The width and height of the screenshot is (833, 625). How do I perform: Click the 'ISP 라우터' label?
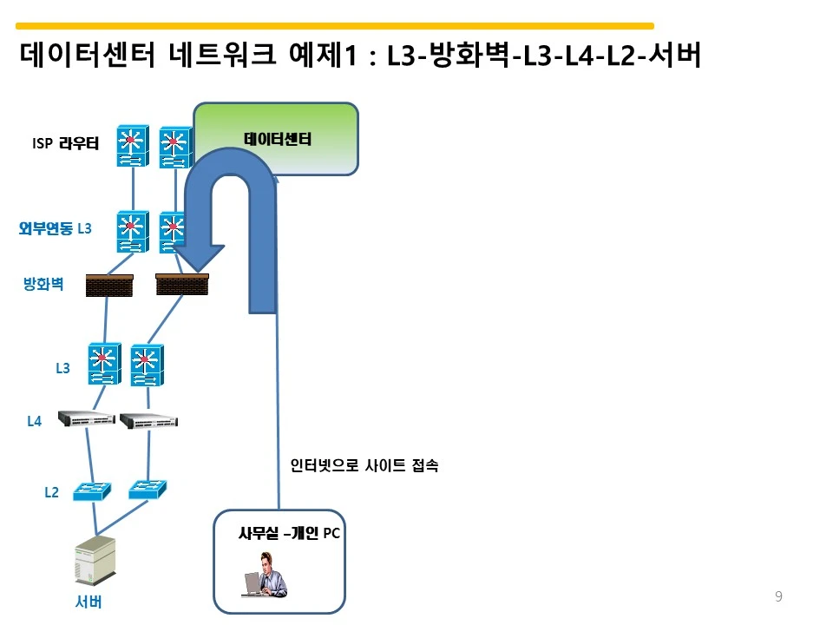65,144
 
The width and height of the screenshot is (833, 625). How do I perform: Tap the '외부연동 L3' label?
55,228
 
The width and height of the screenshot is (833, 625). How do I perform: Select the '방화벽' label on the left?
43,284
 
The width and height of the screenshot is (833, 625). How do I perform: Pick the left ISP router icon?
132,147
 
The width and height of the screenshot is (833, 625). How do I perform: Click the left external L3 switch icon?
132,232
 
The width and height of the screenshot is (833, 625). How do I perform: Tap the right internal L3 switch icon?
146,365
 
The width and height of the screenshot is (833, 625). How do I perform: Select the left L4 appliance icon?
86,419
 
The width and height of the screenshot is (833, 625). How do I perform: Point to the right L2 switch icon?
147,490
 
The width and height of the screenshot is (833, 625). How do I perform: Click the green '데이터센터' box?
276,139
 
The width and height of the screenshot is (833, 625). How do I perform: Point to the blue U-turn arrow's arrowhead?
197,255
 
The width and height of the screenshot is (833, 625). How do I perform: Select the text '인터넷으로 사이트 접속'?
364,466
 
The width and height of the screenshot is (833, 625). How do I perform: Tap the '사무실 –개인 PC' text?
288,534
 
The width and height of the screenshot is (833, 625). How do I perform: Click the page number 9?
778,596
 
